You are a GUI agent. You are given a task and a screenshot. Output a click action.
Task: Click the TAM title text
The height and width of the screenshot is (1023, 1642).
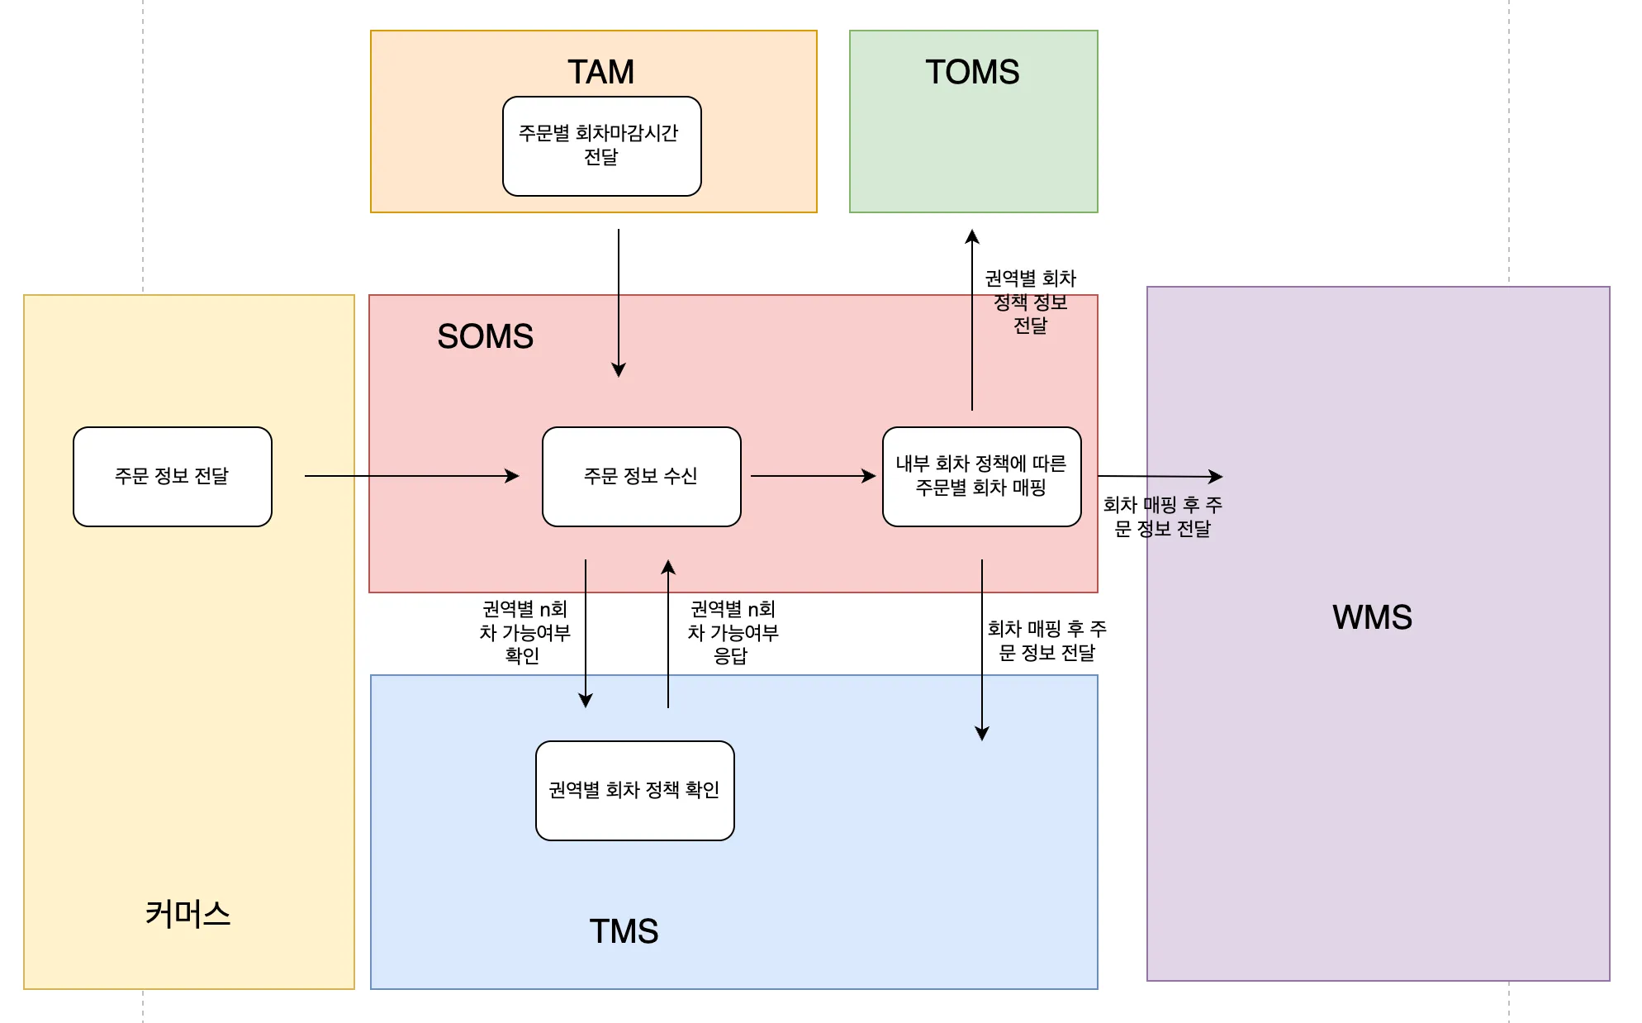(600, 72)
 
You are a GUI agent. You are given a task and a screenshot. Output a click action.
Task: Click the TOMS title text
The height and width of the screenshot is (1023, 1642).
(972, 72)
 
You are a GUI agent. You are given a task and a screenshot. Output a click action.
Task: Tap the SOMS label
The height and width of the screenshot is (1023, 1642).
(485, 336)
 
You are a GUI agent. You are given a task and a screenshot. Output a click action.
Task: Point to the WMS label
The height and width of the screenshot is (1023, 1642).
(1372, 617)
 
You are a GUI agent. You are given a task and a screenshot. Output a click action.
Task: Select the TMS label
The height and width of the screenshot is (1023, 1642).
(624, 931)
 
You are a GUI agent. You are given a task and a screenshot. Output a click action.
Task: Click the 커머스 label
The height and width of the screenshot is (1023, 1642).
(187, 914)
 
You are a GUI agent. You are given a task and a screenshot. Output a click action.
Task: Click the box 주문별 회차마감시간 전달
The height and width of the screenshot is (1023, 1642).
(601, 146)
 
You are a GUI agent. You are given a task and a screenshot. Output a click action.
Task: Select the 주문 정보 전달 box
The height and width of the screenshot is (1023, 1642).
(172, 477)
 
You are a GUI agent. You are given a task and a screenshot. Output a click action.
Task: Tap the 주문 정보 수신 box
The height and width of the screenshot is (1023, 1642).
(641, 477)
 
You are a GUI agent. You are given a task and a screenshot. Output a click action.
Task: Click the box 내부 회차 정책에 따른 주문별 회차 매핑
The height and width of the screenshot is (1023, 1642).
(981, 477)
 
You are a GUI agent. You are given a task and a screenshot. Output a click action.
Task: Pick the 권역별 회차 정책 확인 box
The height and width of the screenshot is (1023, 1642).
(634, 791)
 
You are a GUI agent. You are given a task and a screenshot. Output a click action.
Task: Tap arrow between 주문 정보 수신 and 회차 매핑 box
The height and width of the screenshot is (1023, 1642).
(813, 476)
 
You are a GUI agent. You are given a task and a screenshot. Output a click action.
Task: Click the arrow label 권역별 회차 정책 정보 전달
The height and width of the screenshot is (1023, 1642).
(1030, 302)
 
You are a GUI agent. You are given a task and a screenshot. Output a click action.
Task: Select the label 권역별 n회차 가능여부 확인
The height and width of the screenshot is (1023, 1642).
(524, 632)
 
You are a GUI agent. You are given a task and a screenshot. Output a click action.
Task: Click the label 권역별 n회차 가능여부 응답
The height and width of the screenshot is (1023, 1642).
(732, 632)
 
